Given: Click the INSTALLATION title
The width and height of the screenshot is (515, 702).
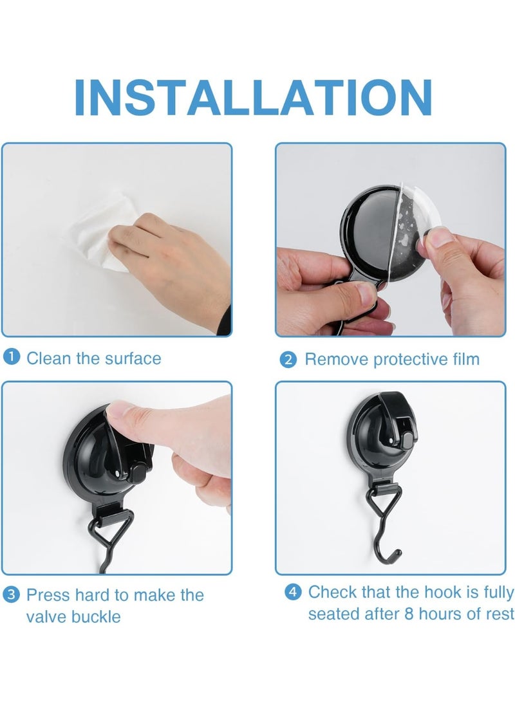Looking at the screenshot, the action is point(253,97).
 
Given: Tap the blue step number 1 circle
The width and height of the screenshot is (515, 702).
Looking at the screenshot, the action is point(12,357).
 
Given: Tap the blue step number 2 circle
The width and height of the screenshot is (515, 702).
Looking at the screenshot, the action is point(288,360).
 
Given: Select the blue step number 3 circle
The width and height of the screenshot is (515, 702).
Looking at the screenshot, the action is point(12,595).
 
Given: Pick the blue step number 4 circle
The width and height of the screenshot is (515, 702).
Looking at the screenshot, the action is point(293,592).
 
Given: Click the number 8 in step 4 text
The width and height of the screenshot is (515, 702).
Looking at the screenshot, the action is point(409,614).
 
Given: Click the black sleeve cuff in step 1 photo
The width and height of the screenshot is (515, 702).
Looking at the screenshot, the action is point(225,320).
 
